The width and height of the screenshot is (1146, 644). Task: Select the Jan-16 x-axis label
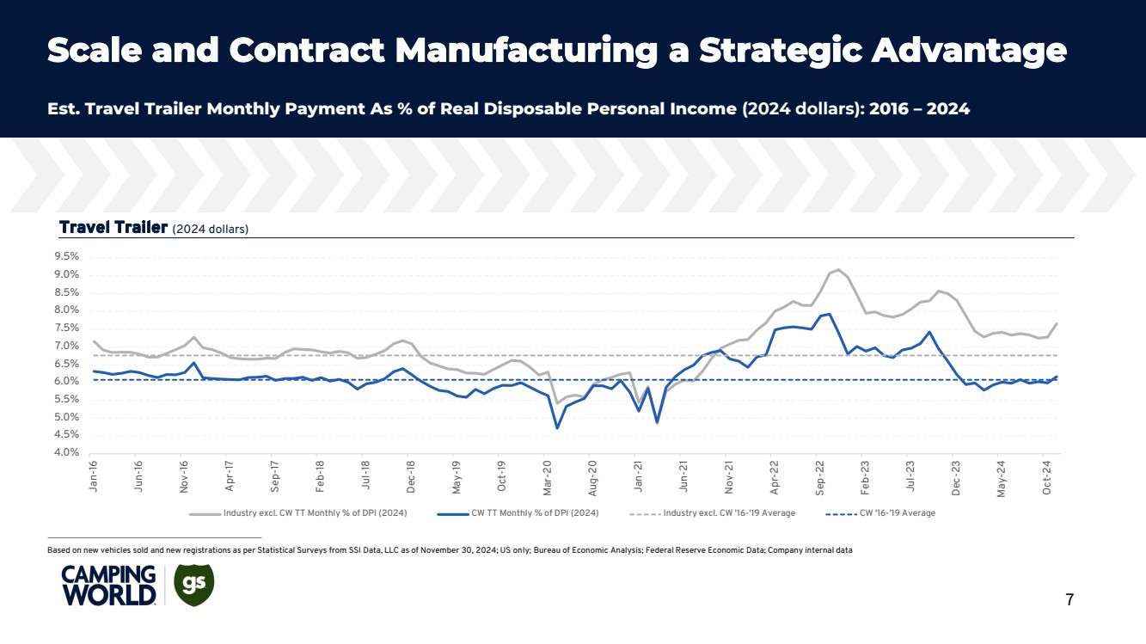[x=94, y=475]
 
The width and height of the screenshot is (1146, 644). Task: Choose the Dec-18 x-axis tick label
[x=412, y=475]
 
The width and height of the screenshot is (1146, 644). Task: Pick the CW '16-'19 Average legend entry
[x=897, y=513]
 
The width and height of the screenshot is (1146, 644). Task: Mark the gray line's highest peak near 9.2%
[x=838, y=269]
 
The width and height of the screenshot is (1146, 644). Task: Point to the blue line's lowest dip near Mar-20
[x=557, y=427]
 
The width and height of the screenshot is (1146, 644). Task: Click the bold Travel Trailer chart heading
[x=112, y=227]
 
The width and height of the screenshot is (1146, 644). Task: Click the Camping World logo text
[x=108, y=586]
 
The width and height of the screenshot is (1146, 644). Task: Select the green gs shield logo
[x=193, y=584]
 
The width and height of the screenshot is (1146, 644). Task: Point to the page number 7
[x=1069, y=600]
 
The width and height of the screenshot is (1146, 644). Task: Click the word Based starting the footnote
[x=59, y=550]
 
